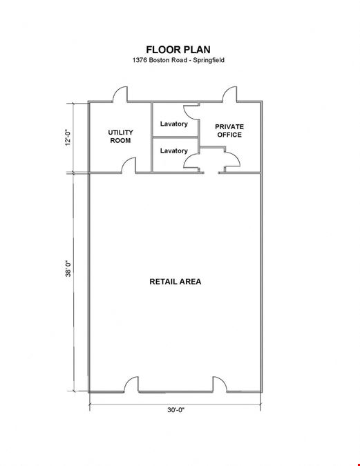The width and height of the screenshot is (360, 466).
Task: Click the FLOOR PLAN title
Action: (x=178, y=49)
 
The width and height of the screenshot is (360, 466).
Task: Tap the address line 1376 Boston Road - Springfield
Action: (x=178, y=60)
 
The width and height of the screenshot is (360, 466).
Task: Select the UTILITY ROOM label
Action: (x=120, y=136)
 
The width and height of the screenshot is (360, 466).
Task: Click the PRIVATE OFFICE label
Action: (x=229, y=130)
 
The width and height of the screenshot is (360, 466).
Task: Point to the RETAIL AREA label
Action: (x=176, y=282)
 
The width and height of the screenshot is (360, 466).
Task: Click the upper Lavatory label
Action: (x=173, y=124)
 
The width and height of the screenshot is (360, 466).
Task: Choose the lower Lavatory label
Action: (x=173, y=151)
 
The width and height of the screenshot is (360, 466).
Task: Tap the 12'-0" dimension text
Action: (x=68, y=137)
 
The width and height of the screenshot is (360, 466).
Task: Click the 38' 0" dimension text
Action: (x=68, y=269)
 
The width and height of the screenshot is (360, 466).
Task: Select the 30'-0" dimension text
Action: (x=176, y=410)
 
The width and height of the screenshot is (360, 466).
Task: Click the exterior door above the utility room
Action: (x=120, y=94)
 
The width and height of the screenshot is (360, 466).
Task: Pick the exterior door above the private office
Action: (x=230, y=94)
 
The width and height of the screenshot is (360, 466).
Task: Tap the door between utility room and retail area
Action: (x=129, y=165)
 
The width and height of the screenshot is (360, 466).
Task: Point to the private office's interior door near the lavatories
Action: (x=231, y=159)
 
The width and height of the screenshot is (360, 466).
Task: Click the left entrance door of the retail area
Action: (x=131, y=385)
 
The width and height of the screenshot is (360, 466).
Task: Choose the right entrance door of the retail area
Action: (x=220, y=385)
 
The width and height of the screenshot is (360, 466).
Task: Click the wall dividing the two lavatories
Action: (x=175, y=137)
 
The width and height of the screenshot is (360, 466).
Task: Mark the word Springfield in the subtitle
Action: (x=209, y=60)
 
